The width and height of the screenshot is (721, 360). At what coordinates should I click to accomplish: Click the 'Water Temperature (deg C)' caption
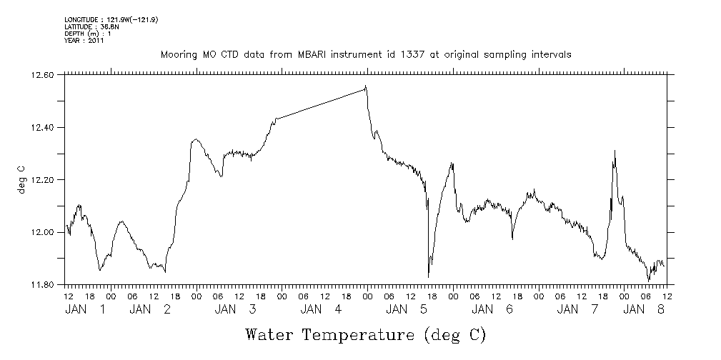click(366, 334)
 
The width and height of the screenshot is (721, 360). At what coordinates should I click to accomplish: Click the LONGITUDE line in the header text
click(111, 19)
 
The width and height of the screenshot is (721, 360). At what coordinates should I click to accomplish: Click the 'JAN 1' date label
click(85, 309)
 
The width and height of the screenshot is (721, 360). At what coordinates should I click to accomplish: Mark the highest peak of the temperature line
click(366, 86)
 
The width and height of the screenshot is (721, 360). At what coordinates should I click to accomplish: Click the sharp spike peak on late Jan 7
click(615, 151)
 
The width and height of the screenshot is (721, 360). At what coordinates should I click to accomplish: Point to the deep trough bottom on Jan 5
click(428, 276)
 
